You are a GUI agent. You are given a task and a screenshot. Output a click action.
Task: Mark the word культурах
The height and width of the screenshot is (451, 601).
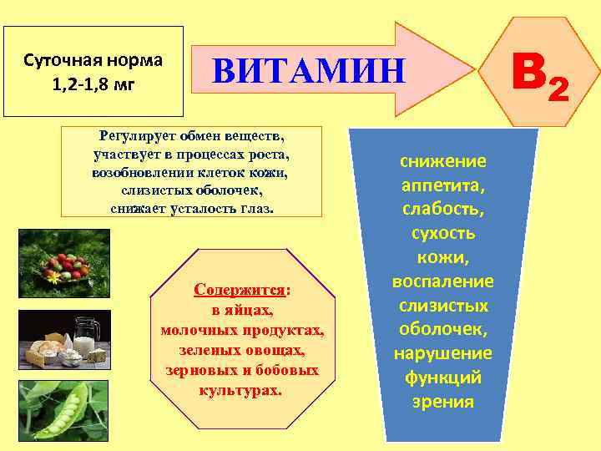[241, 389]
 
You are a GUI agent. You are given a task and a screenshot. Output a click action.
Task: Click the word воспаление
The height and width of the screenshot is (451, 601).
[442, 281]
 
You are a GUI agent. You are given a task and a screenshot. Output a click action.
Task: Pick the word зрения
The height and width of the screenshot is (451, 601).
[442, 402]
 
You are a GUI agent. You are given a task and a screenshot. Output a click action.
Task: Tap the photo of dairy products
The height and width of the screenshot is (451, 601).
[58, 341]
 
